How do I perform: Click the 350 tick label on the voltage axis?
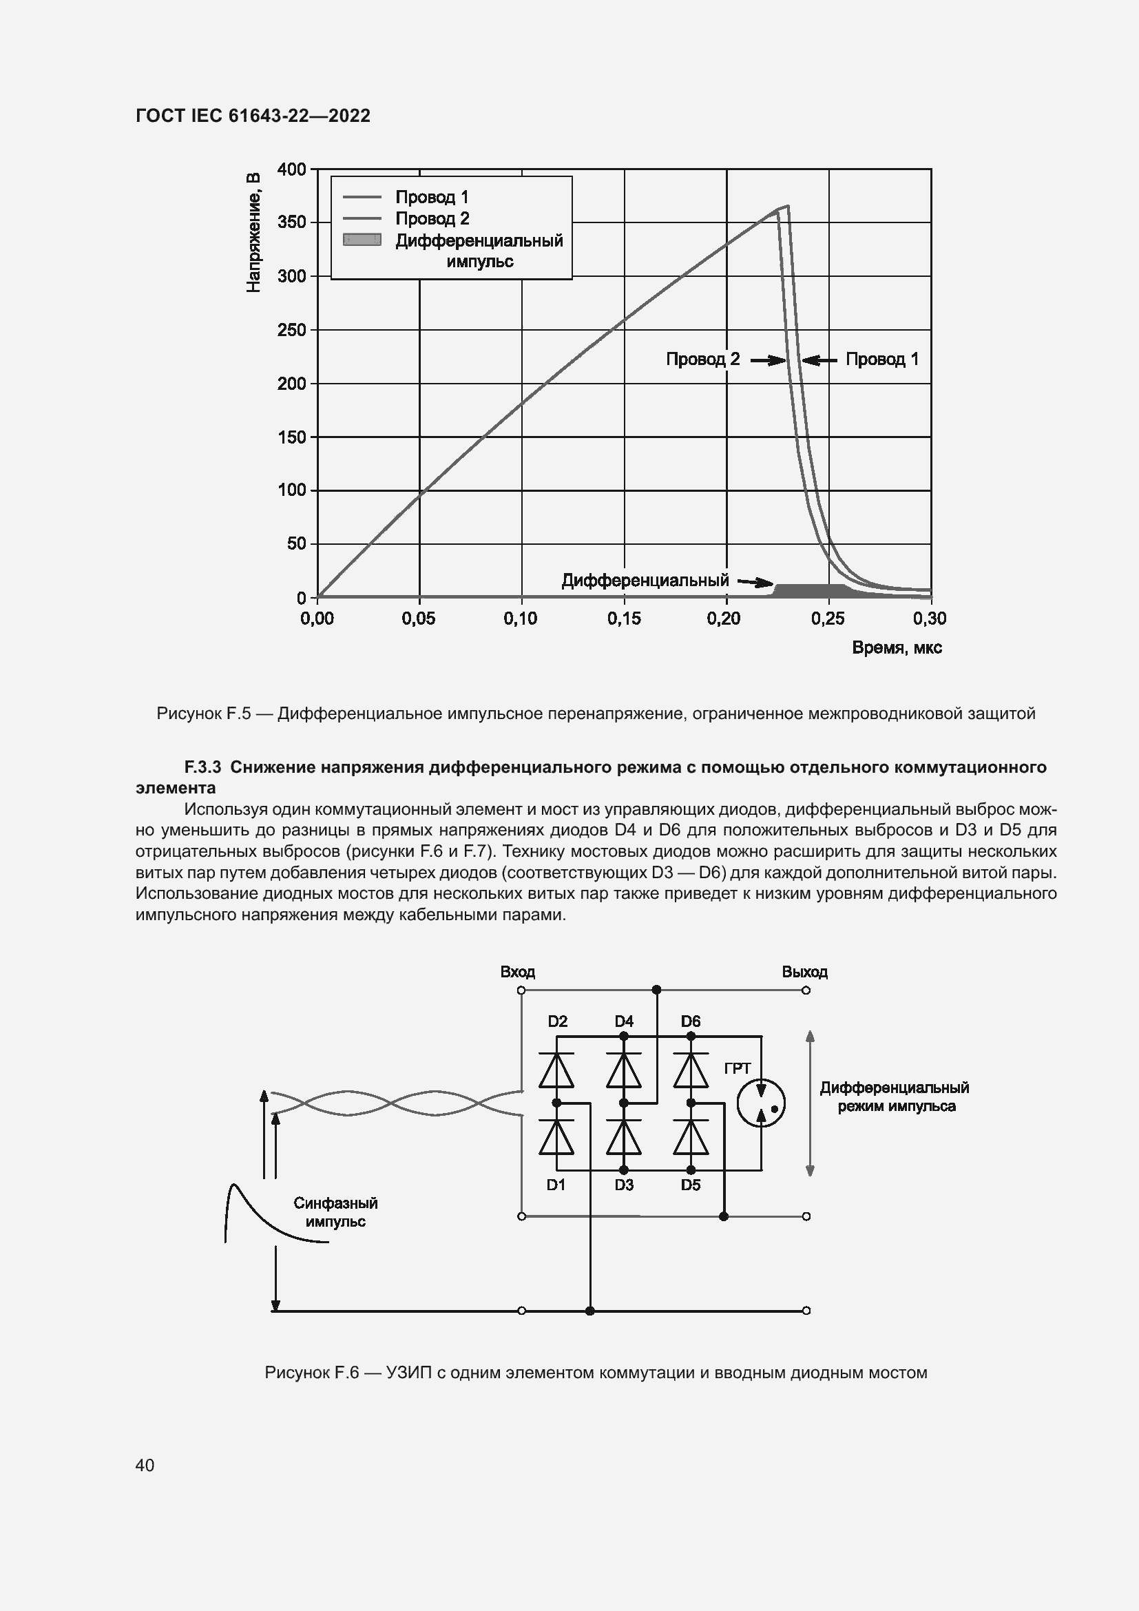(292, 223)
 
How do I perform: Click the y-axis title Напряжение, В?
(254, 232)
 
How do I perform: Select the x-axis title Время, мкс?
(897, 648)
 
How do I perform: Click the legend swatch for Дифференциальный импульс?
(362, 240)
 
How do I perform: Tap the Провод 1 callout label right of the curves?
(881, 360)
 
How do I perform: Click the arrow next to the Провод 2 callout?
(768, 361)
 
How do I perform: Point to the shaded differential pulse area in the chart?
(810, 591)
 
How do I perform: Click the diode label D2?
(558, 1021)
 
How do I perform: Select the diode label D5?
(691, 1185)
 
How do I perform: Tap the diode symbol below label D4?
(623, 1071)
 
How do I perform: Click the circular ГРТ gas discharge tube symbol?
(761, 1103)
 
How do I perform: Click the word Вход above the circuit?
(518, 973)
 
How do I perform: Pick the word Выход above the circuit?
(804, 973)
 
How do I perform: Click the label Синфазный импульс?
(335, 1212)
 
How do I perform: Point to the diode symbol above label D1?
(557, 1137)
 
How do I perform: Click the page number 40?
(145, 1465)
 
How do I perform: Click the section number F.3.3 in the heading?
(202, 767)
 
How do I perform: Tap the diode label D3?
(624, 1185)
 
